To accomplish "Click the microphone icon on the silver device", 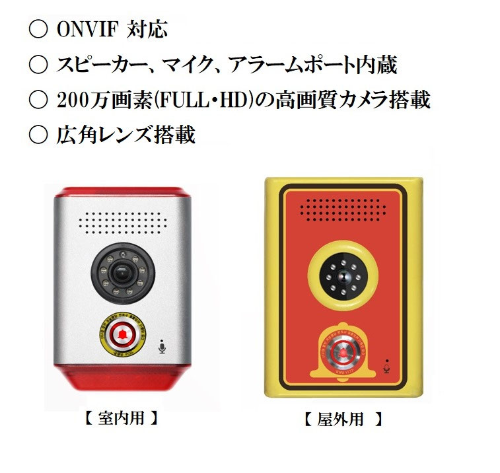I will (x=162, y=347).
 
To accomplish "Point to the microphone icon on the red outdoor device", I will (x=387, y=363).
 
